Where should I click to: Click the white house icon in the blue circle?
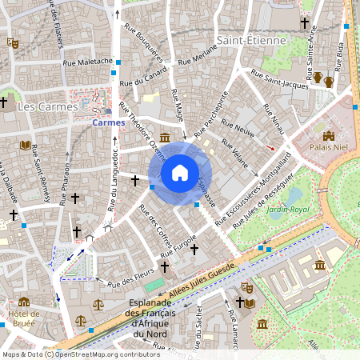tap(180, 173)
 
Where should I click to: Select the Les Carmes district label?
tap(47, 106)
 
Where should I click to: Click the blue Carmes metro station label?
tap(108, 122)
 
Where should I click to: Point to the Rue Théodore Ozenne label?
tap(140, 127)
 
